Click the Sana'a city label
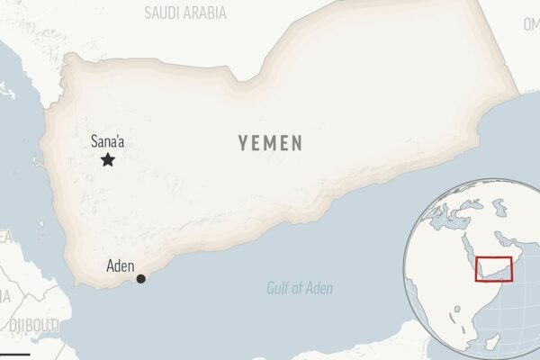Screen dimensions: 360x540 click(108, 140)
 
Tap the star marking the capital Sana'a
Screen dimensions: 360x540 click(108, 160)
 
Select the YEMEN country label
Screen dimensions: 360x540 click(270, 143)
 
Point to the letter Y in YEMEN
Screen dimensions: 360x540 click(243, 143)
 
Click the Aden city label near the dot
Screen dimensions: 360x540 click(121, 265)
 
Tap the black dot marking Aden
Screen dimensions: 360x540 click(140, 279)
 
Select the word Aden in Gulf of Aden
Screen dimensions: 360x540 click(319, 289)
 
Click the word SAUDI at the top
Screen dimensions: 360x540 click(163, 13)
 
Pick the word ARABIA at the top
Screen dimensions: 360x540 click(206, 13)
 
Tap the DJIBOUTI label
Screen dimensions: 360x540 click(33, 324)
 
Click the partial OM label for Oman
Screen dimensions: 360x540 click(530, 25)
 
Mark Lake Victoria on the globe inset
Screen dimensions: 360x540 click(472, 314)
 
